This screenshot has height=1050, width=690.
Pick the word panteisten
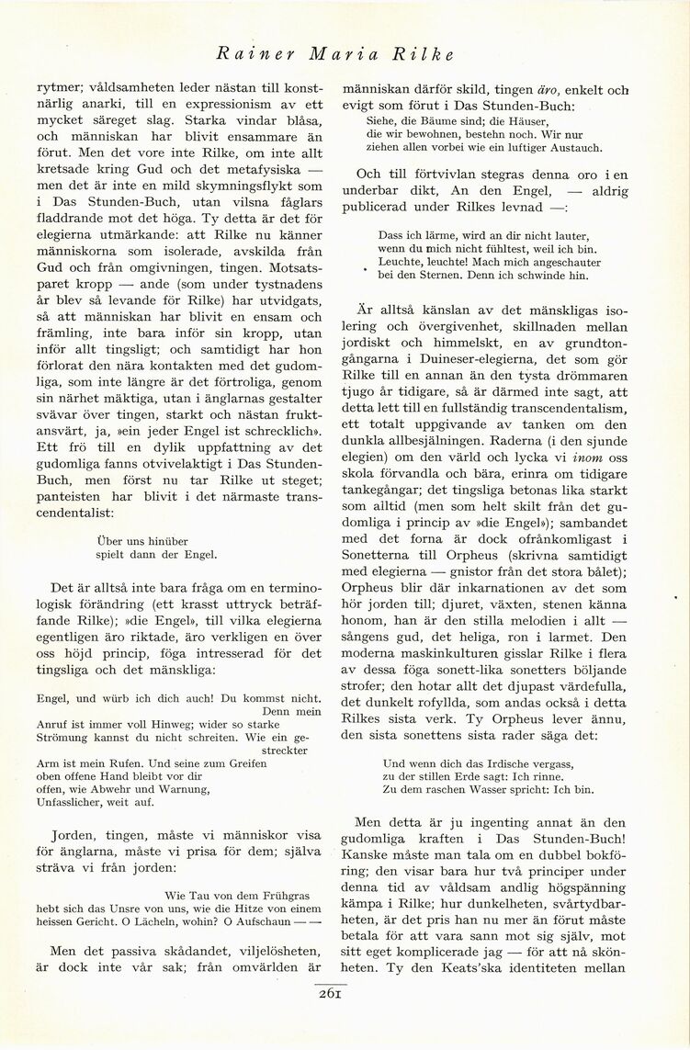(70, 498)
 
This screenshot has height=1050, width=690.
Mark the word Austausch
(573, 147)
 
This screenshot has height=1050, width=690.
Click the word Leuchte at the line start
(400, 262)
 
